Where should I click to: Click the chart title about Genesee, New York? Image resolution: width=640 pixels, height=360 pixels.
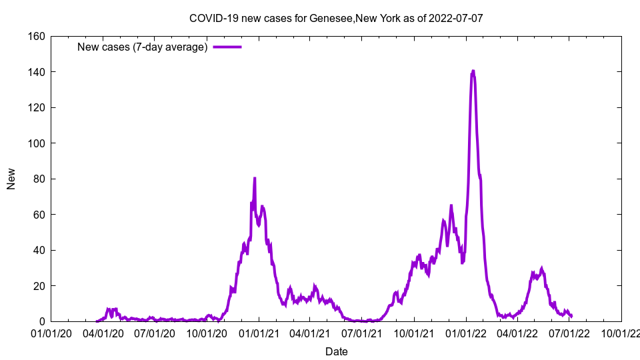[336, 18]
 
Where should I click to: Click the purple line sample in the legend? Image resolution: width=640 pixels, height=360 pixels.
[227, 47]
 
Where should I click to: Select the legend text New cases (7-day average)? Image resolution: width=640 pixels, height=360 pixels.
[143, 47]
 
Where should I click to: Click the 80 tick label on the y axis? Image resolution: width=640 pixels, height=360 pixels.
[38, 179]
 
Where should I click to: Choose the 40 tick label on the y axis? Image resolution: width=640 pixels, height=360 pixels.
[38, 251]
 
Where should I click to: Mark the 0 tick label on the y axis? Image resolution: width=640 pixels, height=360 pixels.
[41, 322]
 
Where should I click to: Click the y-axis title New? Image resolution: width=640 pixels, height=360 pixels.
[11, 179]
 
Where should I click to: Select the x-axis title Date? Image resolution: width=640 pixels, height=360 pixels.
[336, 351]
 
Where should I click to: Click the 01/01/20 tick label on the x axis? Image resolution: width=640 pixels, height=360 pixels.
[51, 333]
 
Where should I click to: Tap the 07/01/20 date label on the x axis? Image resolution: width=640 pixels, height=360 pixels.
[155, 333]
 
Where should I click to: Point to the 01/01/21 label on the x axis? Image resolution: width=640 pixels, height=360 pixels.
[260, 333]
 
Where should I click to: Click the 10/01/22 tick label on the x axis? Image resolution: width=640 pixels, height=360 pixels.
[621, 333]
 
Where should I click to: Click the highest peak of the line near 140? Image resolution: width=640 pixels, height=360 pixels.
[473, 71]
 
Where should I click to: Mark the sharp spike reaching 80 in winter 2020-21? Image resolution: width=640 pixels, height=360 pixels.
[255, 178]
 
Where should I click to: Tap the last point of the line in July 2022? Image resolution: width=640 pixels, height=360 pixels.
[571, 316]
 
